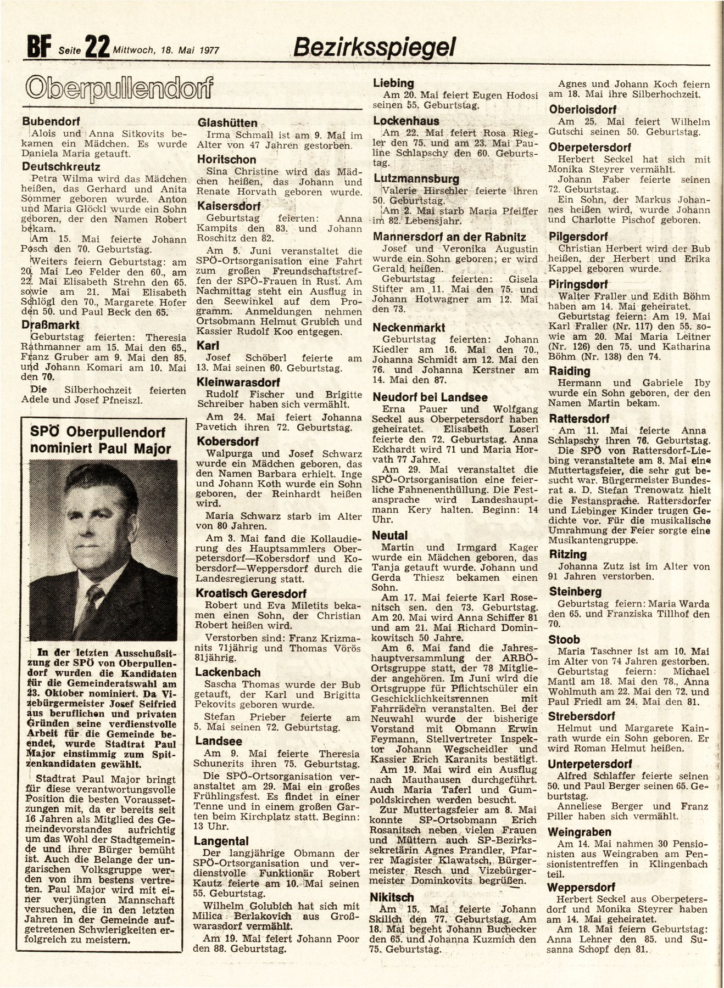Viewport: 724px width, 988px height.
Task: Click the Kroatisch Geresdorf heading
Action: (253, 594)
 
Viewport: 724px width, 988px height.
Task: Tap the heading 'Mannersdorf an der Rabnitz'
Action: (449, 237)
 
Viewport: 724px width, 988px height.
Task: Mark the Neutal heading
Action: (390, 535)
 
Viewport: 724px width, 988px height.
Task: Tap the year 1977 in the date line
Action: (207, 50)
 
